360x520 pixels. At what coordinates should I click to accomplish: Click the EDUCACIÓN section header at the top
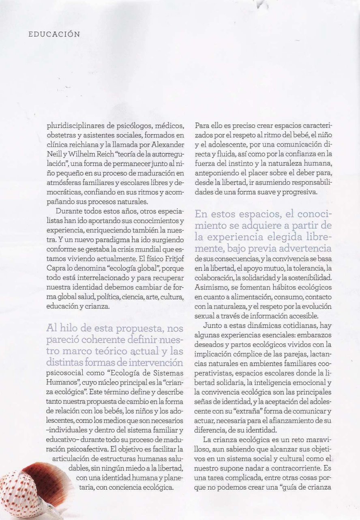click(54, 34)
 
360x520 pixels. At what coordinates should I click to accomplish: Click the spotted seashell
click(32, 491)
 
